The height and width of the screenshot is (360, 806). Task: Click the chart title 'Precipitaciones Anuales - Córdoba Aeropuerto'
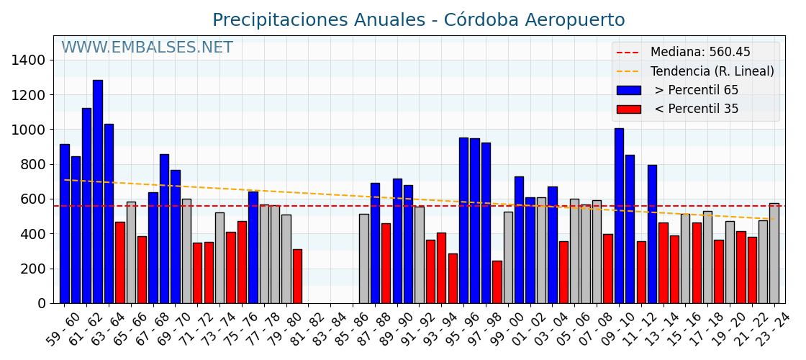click(x=418, y=20)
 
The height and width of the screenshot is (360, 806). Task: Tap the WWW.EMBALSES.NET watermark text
click(x=147, y=48)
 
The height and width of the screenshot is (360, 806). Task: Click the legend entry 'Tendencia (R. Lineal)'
click(x=712, y=71)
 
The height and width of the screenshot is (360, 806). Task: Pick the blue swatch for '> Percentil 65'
click(x=628, y=91)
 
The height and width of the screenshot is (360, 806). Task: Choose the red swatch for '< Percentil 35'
click(x=628, y=109)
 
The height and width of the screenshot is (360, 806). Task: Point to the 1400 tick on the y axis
click(x=32, y=60)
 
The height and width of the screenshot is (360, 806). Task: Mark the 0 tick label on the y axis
click(x=42, y=304)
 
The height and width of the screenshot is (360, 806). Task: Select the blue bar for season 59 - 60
click(x=65, y=223)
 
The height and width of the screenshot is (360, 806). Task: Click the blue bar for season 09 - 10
click(x=619, y=216)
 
